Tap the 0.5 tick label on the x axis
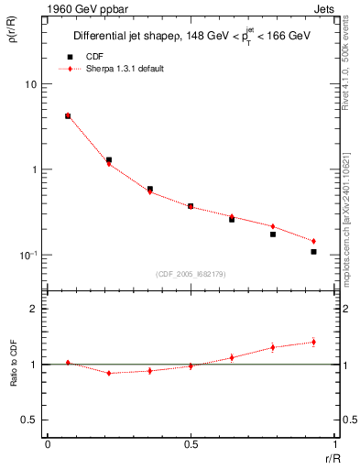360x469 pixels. click(190, 444)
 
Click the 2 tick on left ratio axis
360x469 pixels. click(35, 309)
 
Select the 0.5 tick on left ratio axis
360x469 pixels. click(31, 420)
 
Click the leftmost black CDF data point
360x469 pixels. click(68, 116)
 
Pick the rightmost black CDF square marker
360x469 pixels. click(313, 251)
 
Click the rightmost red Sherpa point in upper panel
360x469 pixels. click(313, 241)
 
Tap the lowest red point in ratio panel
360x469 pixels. click(109, 373)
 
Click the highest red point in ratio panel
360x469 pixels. click(313, 342)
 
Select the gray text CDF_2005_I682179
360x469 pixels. click(190, 272)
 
